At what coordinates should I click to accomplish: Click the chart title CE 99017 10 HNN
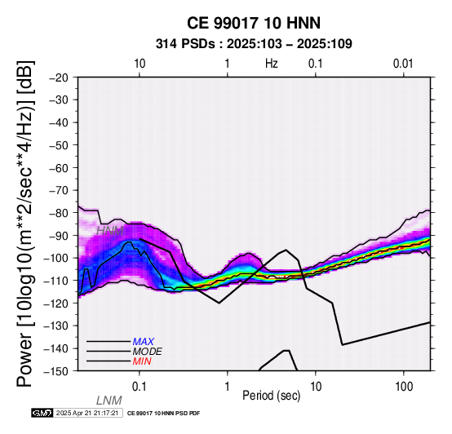coord(254,23)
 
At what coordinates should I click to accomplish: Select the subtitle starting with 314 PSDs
coord(254,44)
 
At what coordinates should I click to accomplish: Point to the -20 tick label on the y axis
coord(58,77)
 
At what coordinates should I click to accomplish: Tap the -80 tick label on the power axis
coord(58,213)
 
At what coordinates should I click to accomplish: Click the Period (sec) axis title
coord(271,396)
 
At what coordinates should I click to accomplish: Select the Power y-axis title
coord(25,224)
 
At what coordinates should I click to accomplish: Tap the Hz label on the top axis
coord(271,64)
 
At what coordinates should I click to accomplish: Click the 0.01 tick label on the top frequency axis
coord(403,64)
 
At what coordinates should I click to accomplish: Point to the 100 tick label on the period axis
coord(404,387)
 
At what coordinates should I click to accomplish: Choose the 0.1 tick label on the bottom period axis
coord(139,387)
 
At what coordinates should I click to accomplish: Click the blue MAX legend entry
coord(144,342)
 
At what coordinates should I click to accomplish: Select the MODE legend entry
coord(148,352)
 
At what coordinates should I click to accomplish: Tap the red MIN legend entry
coord(142,361)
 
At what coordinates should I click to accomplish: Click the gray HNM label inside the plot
coord(110,231)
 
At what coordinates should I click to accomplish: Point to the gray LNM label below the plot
coord(109,401)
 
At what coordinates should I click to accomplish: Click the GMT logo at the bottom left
coord(42,413)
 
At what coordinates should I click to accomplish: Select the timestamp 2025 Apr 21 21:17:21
coord(87,413)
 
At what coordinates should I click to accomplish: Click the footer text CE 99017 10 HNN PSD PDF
coord(163,414)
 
